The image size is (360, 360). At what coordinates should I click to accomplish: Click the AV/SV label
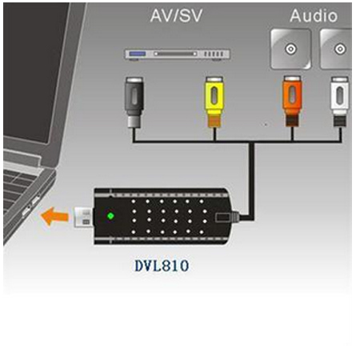pyautogui.click(x=176, y=16)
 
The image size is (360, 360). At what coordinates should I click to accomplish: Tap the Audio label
pyautogui.click(x=314, y=16)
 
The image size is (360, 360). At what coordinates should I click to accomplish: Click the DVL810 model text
pyautogui.click(x=162, y=266)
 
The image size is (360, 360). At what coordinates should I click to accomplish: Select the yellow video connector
pyautogui.click(x=214, y=102)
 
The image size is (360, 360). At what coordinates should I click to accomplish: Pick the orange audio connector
pyautogui.click(x=292, y=101)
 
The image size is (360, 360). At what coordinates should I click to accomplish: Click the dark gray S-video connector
pyautogui.click(x=134, y=102)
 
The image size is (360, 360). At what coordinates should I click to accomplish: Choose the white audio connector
pyautogui.click(x=340, y=102)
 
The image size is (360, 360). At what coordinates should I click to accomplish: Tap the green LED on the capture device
pyautogui.click(x=110, y=216)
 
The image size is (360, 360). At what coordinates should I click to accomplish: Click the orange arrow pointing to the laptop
pyautogui.click(x=54, y=217)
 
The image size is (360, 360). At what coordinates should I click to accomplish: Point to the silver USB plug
pyautogui.click(x=83, y=217)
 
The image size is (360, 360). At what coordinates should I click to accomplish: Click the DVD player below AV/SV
pyautogui.click(x=178, y=54)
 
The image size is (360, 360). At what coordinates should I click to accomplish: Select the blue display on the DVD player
pyautogui.click(x=138, y=54)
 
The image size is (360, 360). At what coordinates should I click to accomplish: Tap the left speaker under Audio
pyautogui.click(x=290, y=50)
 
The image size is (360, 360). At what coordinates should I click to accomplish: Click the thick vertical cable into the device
pyautogui.click(x=251, y=182)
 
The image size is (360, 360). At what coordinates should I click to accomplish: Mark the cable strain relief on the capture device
pyautogui.click(x=235, y=217)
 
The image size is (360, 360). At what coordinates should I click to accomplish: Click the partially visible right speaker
pyautogui.click(x=336, y=50)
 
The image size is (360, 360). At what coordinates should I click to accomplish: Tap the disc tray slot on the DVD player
pyautogui.click(x=175, y=54)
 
